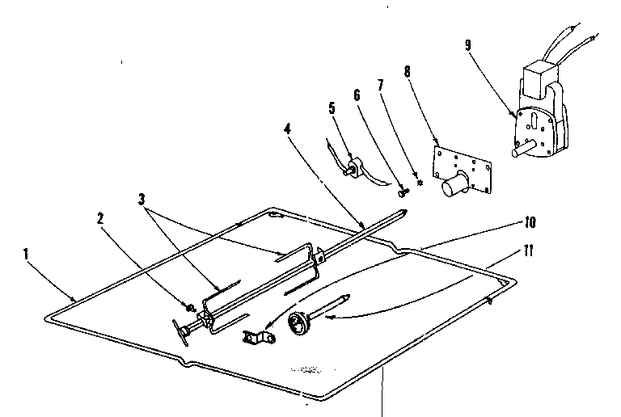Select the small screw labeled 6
point(403,192)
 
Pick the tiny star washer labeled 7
point(419,183)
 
